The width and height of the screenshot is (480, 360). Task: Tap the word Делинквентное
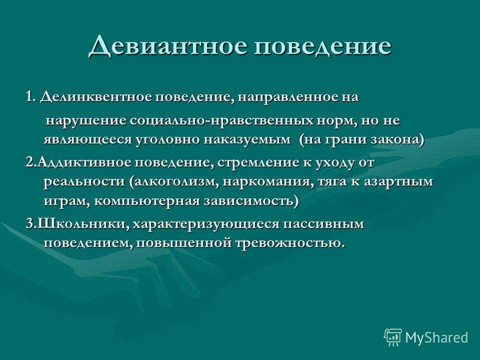click(96, 97)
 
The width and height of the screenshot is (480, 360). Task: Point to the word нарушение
click(86, 121)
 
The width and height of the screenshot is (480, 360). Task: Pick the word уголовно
click(168, 140)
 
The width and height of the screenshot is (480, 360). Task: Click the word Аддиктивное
click(85, 162)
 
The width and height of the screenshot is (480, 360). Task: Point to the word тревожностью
click(288, 243)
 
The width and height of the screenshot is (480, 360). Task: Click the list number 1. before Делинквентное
click(31, 97)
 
